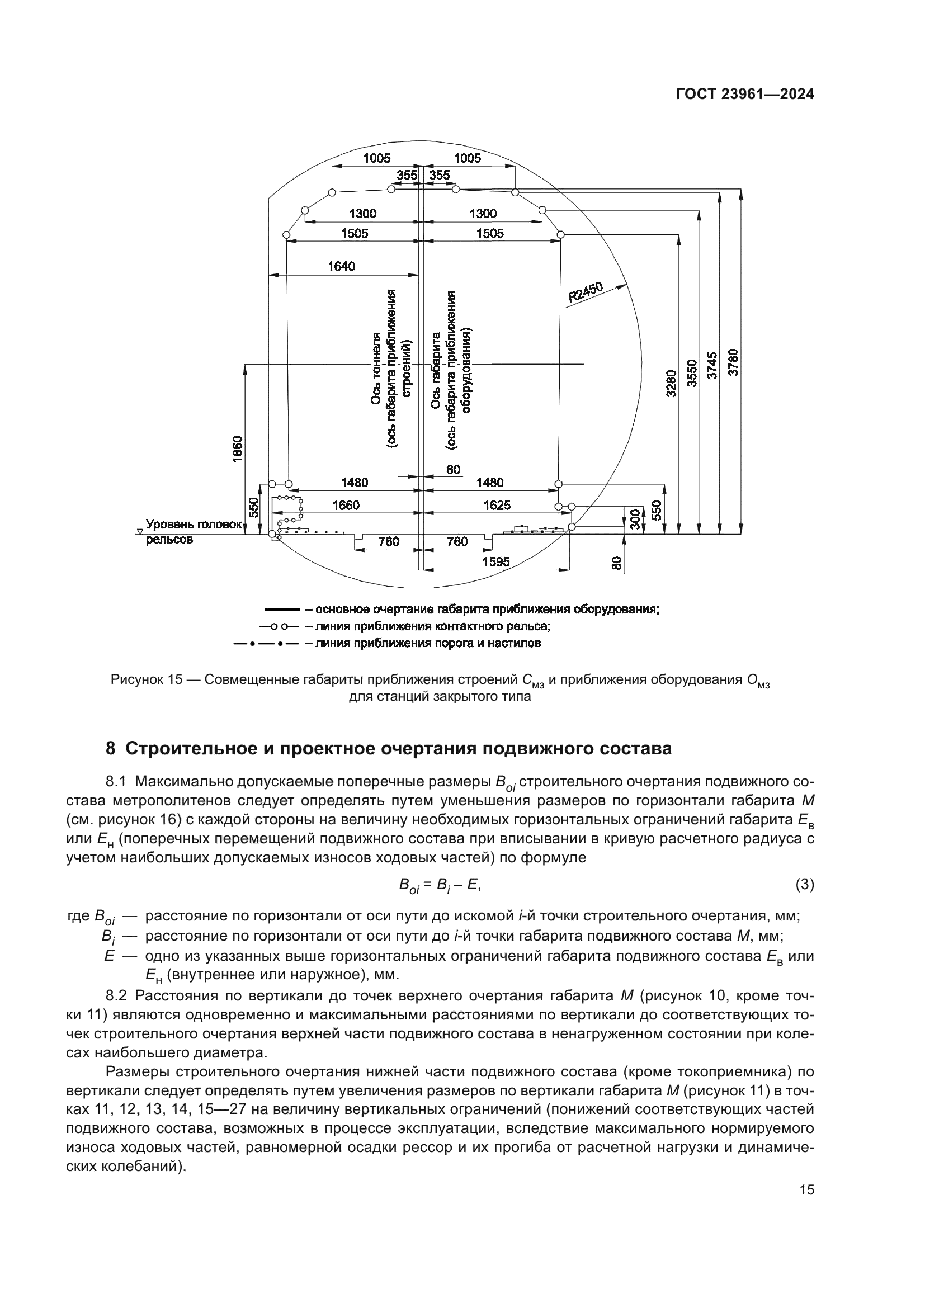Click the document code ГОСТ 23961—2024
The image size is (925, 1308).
744,95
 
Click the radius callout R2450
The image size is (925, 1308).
586,292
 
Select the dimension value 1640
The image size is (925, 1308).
341,266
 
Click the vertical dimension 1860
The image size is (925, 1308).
238,449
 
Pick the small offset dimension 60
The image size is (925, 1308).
454,469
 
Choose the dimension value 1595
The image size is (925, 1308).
496,561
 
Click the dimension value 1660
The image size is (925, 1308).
346,506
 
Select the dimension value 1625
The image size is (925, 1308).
497,506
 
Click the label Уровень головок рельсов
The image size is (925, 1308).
194,531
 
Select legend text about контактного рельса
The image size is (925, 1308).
427,627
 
